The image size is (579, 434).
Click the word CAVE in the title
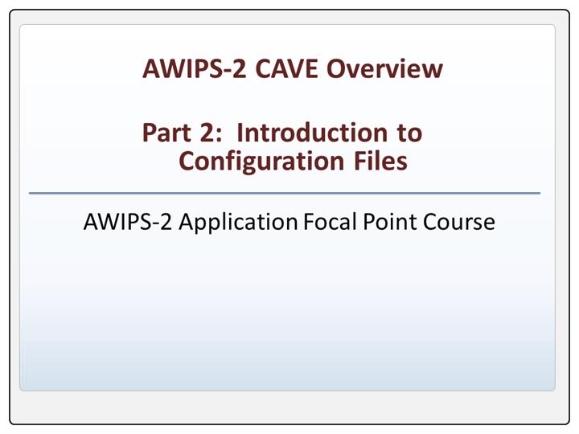click(x=286, y=68)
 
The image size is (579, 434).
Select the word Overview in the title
click(x=384, y=68)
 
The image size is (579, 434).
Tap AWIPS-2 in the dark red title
click(x=195, y=68)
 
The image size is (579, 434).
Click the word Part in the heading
click(x=167, y=133)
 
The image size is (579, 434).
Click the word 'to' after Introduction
click(x=409, y=133)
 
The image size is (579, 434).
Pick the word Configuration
click(x=261, y=162)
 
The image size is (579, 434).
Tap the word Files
click(x=380, y=161)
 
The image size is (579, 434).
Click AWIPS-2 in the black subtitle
click(x=128, y=222)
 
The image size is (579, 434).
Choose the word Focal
click(x=330, y=222)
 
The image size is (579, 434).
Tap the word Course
click(x=459, y=222)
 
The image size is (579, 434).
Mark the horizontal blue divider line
click(x=285, y=193)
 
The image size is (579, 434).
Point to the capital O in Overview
click(x=336, y=68)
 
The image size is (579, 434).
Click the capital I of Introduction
click(x=240, y=133)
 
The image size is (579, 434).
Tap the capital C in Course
click(x=431, y=222)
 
